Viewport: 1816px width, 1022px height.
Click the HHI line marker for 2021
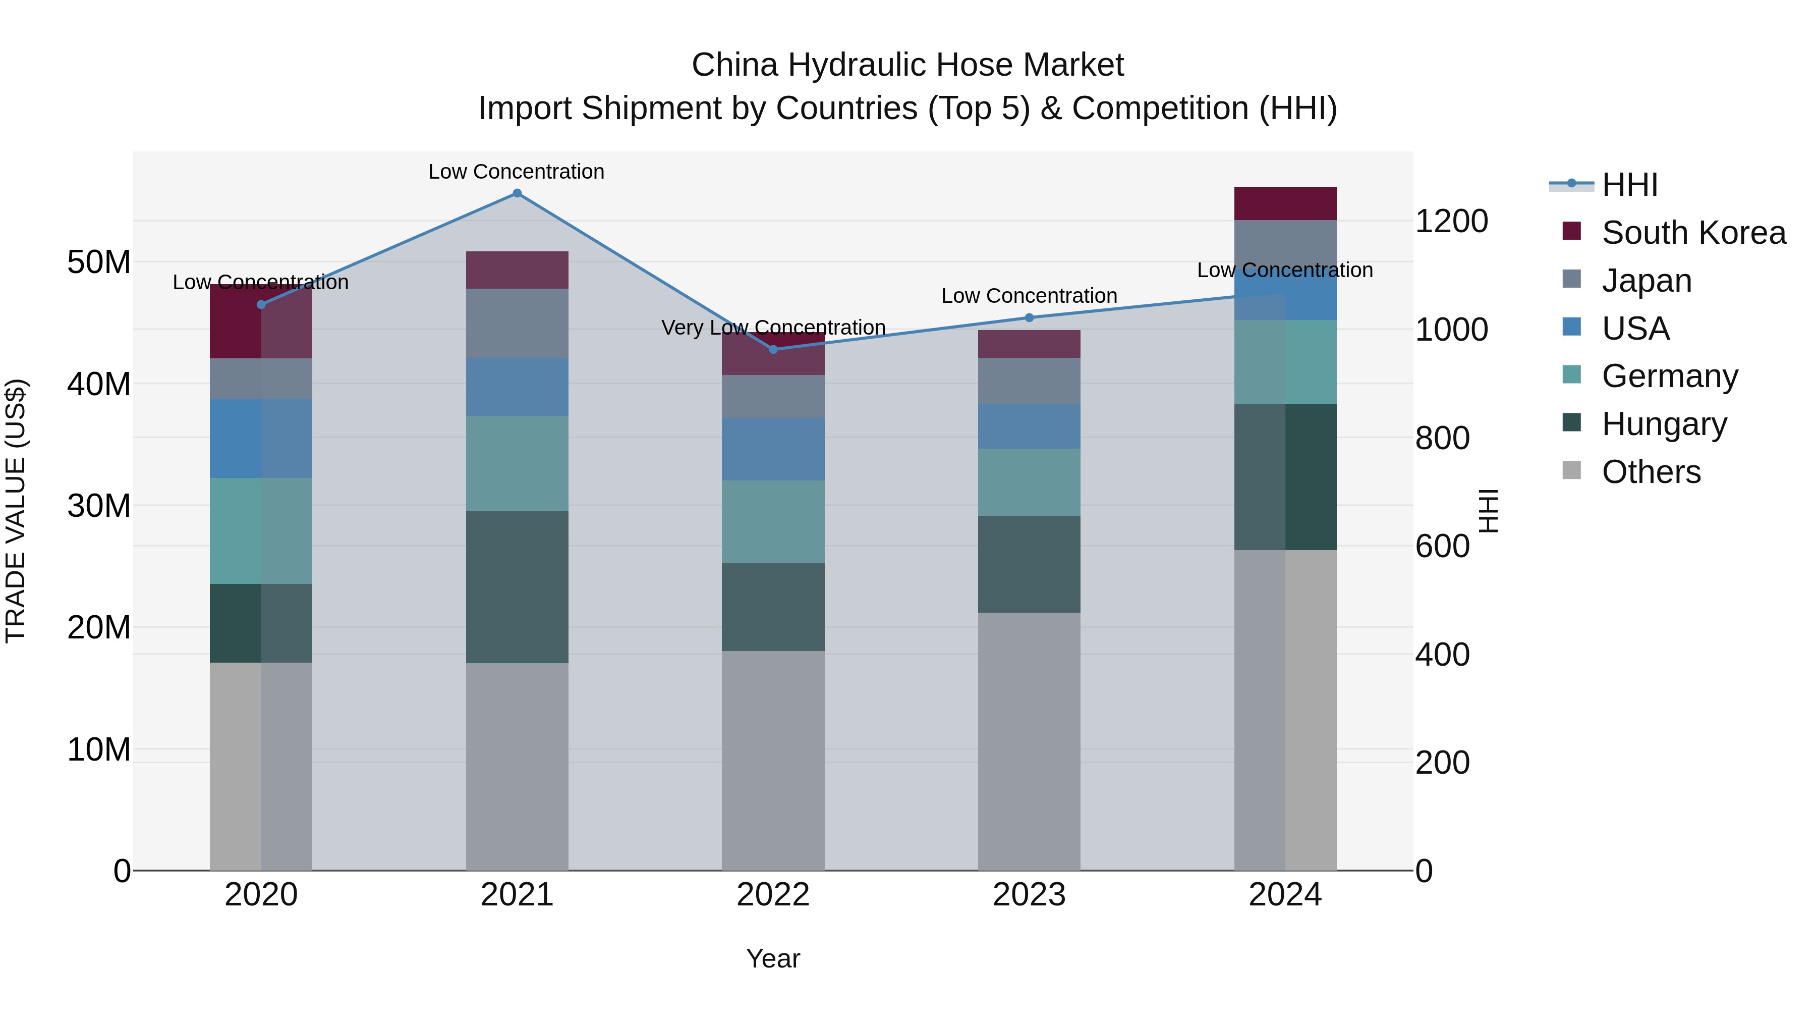click(517, 193)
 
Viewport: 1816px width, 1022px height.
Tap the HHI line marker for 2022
click(773, 349)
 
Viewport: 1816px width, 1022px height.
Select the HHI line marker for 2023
click(1029, 317)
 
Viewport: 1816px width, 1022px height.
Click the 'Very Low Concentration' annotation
click(773, 328)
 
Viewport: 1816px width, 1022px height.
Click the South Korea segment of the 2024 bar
click(1285, 204)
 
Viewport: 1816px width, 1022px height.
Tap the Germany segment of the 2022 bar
click(773, 521)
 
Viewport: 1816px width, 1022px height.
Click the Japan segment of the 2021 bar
click(517, 323)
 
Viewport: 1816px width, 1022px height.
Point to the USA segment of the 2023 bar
click(1029, 426)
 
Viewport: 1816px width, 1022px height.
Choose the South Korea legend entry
click(1693, 233)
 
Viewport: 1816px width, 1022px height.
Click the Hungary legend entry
click(1664, 424)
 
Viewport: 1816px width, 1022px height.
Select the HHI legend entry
click(1630, 185)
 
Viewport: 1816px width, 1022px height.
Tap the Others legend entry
click(1651, 472)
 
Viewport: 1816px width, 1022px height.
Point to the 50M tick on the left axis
click(99, 262)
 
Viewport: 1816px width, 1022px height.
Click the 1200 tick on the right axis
click(1451, 222)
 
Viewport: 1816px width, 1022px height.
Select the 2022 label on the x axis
click(773, 895)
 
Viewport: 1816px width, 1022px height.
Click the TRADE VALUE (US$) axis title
click(16, 511)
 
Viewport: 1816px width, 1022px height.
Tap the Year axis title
click(773, 958)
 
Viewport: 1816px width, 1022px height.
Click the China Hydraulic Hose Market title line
click(907, 65)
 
